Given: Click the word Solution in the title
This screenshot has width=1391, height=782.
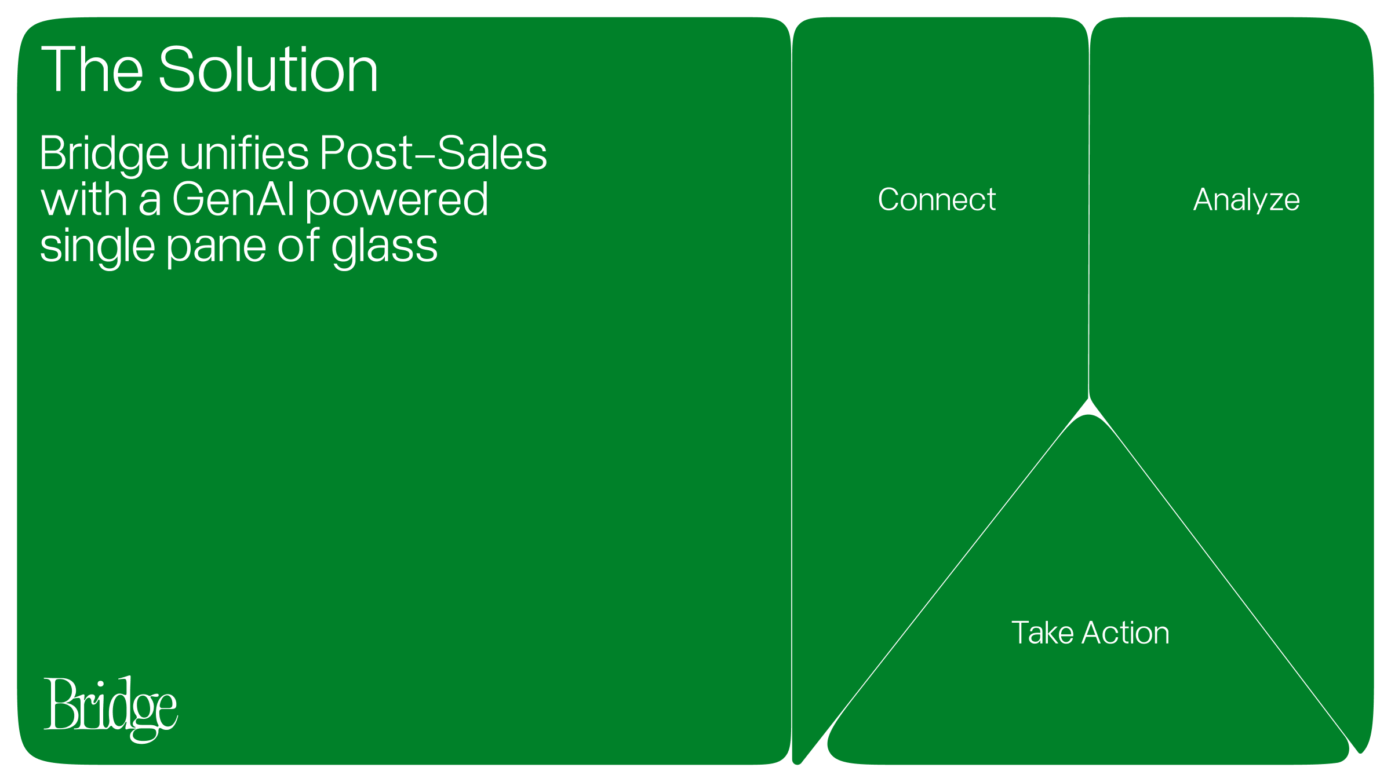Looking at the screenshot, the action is (x=268, y=70).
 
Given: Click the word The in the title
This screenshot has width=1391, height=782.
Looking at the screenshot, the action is (x=92, y=70).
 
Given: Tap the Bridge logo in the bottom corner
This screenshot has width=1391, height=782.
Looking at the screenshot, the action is (x=111, y=709).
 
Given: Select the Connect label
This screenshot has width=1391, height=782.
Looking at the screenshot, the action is (x=937, y=200).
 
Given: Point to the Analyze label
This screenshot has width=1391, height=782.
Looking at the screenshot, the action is (x=1247, y=200).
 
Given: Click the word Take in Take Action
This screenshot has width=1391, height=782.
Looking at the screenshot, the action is (x=1042, y=633).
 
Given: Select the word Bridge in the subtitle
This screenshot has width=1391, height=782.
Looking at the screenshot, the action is (x=104, y=155).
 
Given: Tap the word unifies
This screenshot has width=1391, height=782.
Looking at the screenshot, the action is (x=245, y=153).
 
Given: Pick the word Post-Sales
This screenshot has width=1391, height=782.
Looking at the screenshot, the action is (x=434, y=154).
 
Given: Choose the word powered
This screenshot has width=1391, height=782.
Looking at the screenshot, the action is (x=397, y=202).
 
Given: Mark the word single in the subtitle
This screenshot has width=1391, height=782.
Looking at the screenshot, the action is (x=97, y=248).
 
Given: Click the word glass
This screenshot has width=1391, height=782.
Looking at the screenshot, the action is (x=384, y=248).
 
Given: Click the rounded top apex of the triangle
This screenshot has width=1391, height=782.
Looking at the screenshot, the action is (x=1088, y=415).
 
